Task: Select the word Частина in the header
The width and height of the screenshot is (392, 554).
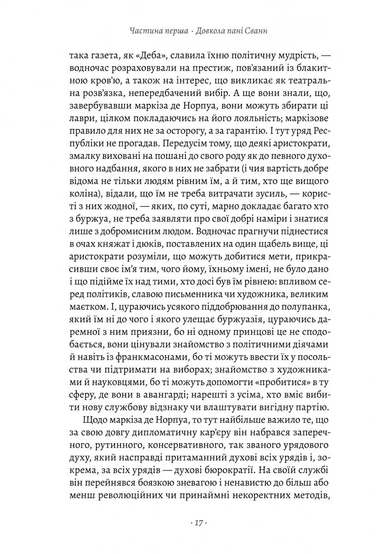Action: pyautogui.click(x=145, y=32)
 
